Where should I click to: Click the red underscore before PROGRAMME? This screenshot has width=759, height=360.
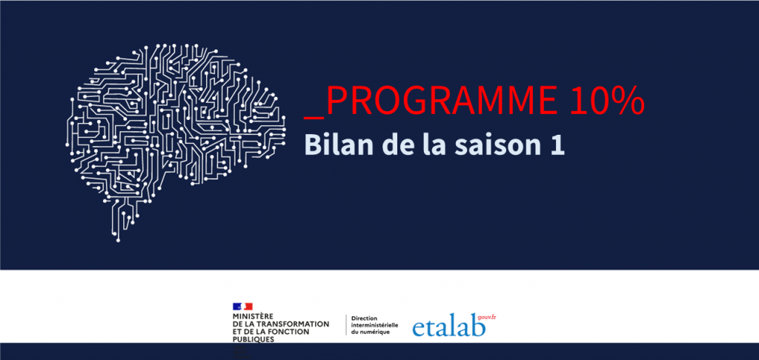point(314,117)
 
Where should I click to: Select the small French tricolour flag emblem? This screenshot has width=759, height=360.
point(242,306)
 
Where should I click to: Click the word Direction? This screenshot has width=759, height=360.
point(364,319)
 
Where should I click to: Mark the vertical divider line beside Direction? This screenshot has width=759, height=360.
point(346,324)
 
